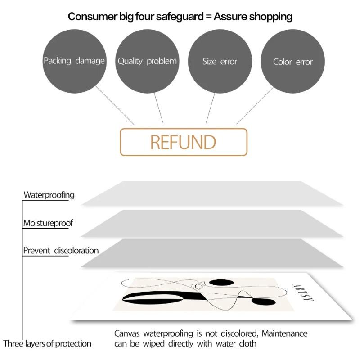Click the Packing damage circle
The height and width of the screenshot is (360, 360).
(74, 61)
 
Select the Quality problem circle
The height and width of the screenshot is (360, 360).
(147, 61)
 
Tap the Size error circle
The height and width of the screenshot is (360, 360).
(220, 61)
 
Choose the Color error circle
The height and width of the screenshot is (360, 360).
(293, 61)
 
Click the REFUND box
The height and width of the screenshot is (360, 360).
(184, 142)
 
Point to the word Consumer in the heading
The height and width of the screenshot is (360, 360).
(93, 17)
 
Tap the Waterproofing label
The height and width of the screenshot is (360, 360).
(49, 195)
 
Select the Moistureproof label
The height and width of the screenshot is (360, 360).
(48, 223)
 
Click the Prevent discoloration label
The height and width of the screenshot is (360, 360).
(61, 251)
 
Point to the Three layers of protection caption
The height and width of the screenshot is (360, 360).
(47, 344)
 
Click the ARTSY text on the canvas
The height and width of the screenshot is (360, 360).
(303, 292)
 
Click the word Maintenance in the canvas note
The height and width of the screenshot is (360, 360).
(284, 333)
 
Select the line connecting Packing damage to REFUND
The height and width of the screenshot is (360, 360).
(115, 105)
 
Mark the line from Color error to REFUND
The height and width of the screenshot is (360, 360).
(255, 105)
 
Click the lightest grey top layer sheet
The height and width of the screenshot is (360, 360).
(212, 193)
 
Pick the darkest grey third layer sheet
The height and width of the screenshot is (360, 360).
(212, 253)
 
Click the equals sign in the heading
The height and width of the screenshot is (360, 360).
(208, 17)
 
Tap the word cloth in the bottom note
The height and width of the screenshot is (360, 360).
(248, 344)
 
